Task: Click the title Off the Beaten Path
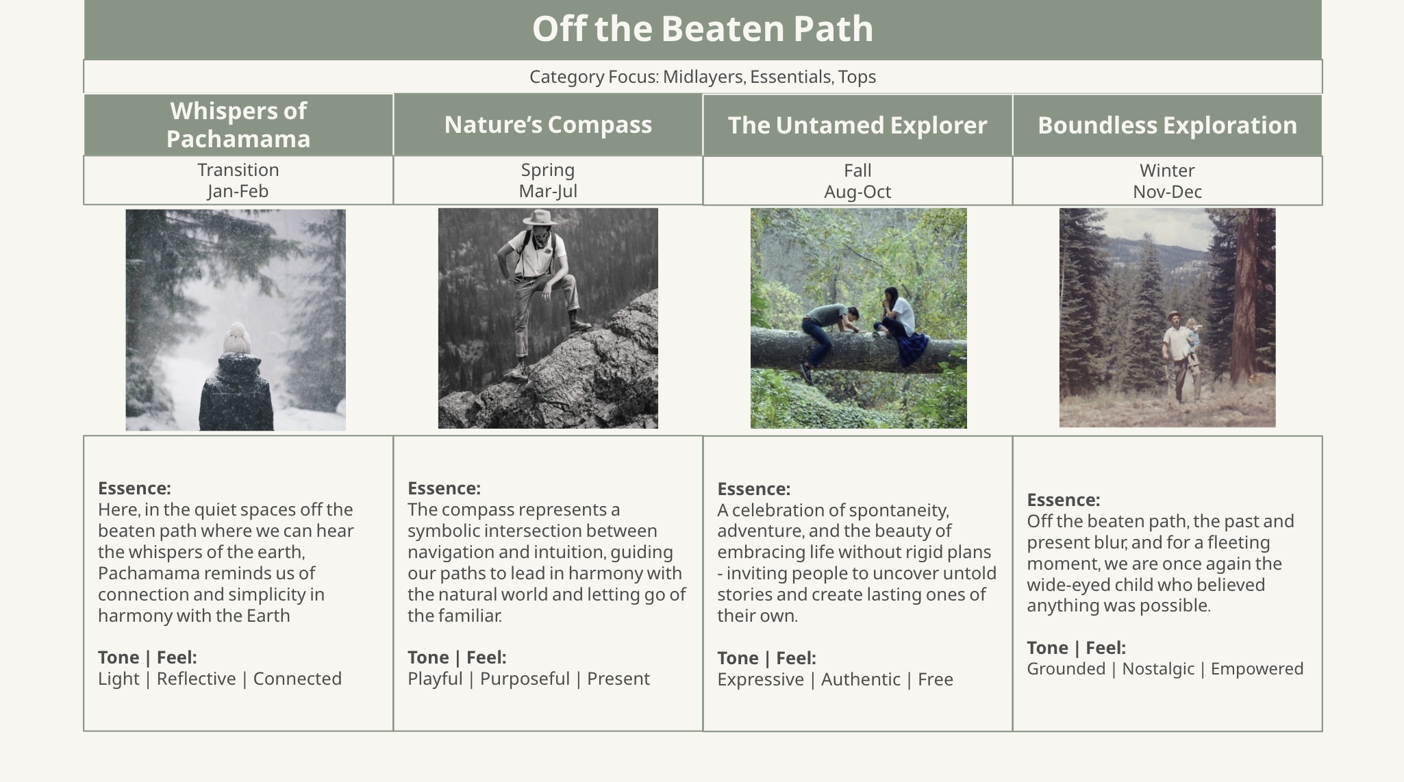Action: [x=703, y=29]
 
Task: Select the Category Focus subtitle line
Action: [x=703, y=77]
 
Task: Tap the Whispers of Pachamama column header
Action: [x=238, y=125]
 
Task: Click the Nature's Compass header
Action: [x=548, y=125]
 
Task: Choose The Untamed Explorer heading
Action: [x=857, y=125]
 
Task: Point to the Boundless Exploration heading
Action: [x=1167, y=125]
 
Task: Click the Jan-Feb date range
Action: [x=238, y=191]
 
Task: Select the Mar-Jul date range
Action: [x=548, y=191]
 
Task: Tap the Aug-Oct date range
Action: [x=857, y=192]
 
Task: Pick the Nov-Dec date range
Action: [x=1167, y=192]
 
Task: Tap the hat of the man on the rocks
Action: [x=540, y=218]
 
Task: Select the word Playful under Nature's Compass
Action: [x=435, y=679]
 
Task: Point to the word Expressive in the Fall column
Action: [x=760, y=679]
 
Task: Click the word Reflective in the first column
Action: [x=196, y=679]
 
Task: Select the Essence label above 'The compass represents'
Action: [x=444, y=488]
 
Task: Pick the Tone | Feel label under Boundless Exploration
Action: [x=1076, y=648]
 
